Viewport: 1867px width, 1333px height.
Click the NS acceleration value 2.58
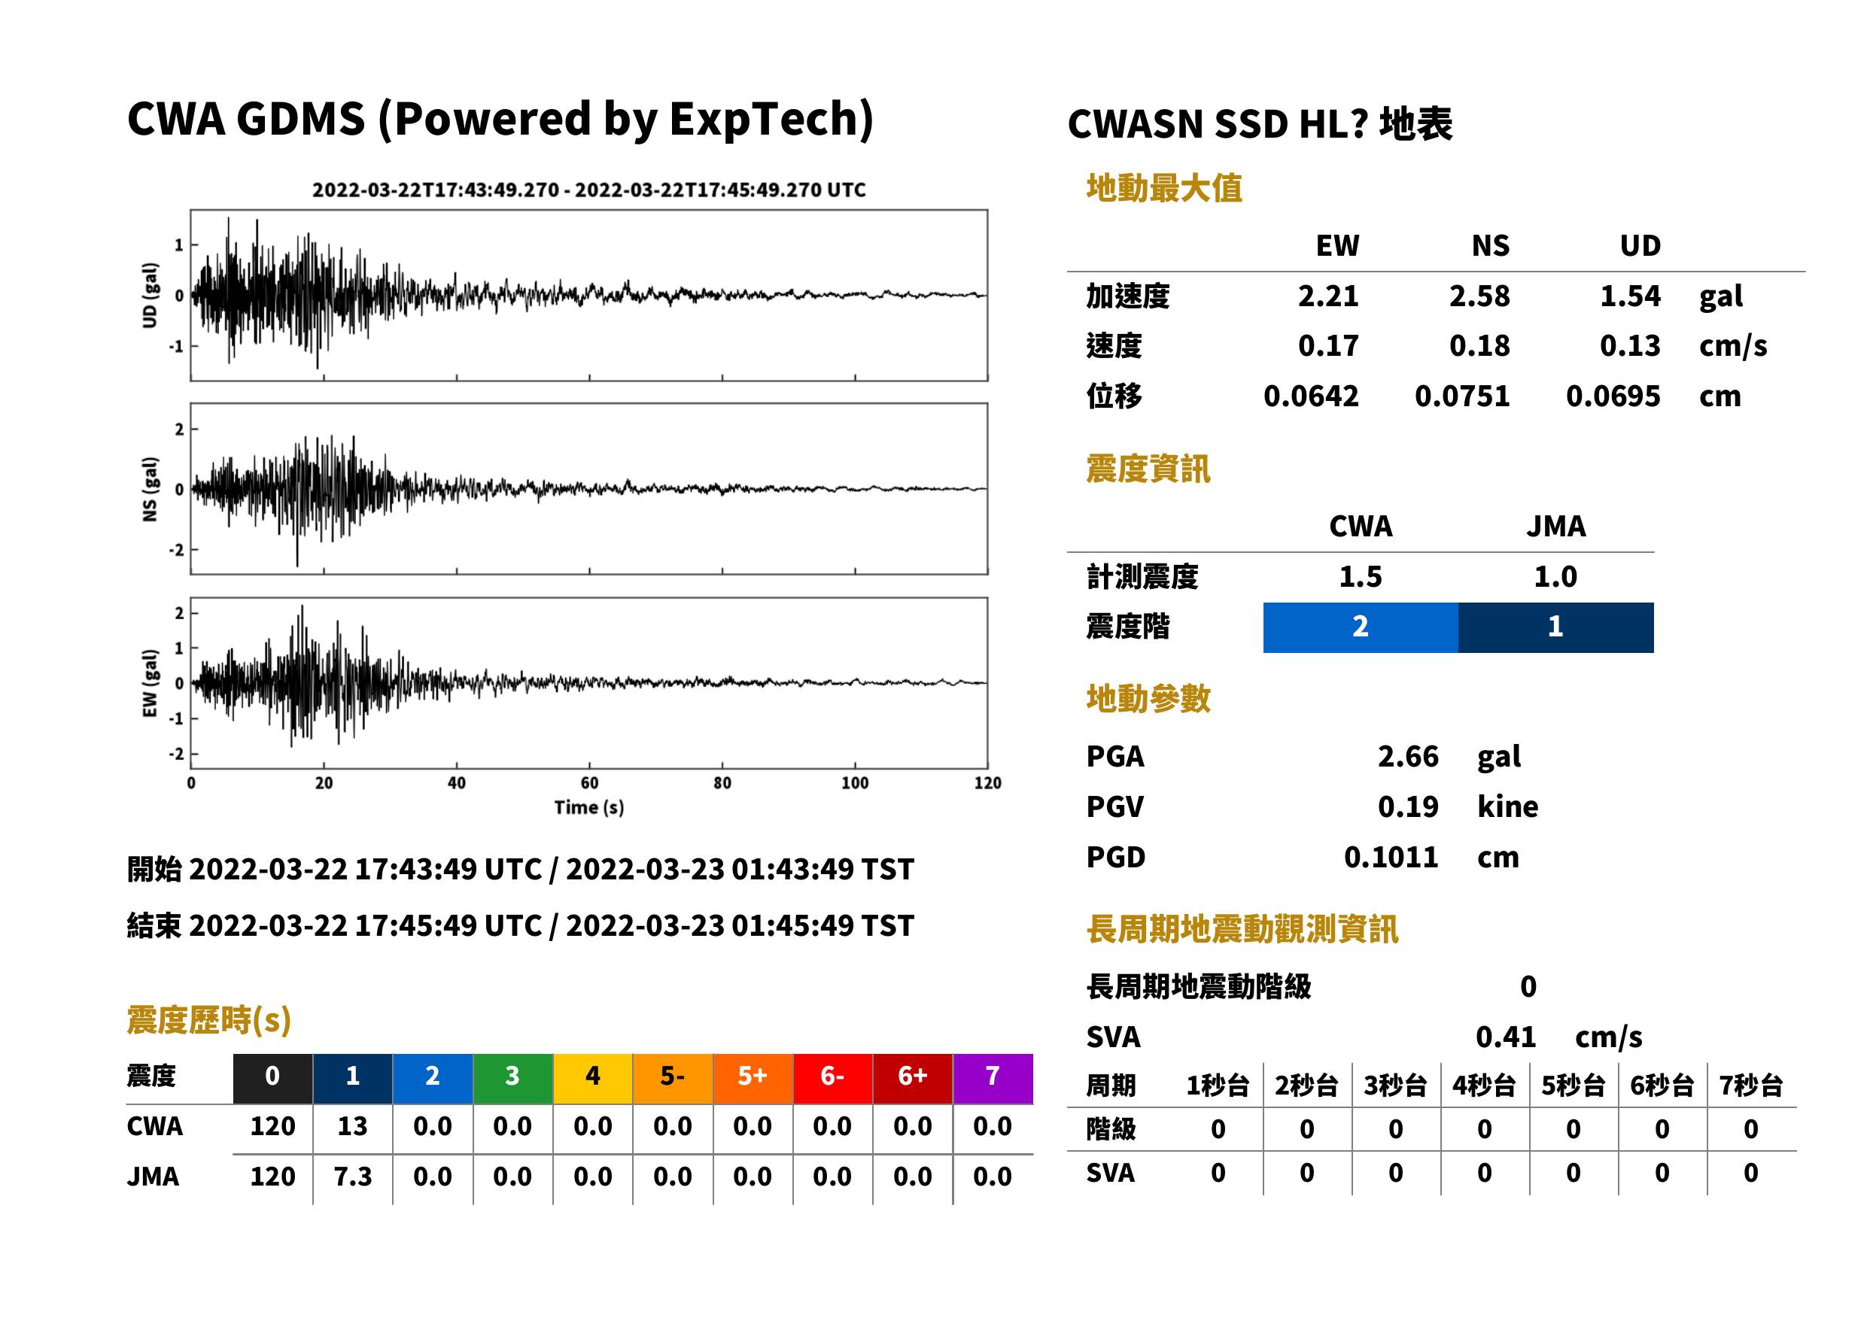pos(1479,296)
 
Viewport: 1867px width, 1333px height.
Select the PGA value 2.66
pos(1408,756)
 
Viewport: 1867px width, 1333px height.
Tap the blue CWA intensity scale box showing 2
pos(1361,627)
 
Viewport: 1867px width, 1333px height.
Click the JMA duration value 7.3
pos(352,1177)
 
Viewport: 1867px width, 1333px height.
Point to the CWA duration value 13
pos(352,1126)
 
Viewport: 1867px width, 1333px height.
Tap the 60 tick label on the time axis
pos(588,783)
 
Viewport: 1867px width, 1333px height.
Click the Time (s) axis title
pos(588,808)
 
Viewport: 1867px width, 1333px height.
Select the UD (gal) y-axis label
pos(150,296)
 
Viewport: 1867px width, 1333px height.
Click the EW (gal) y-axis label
pos(150,683)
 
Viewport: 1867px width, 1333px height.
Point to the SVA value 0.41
pos(1506,1037)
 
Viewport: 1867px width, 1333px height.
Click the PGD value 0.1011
pos(1391,858)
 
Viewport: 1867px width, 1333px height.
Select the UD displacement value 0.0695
pos(1613,396)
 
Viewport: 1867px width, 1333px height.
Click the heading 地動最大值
pos(1164,189)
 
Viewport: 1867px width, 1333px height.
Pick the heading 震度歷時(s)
pos(209,1020)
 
